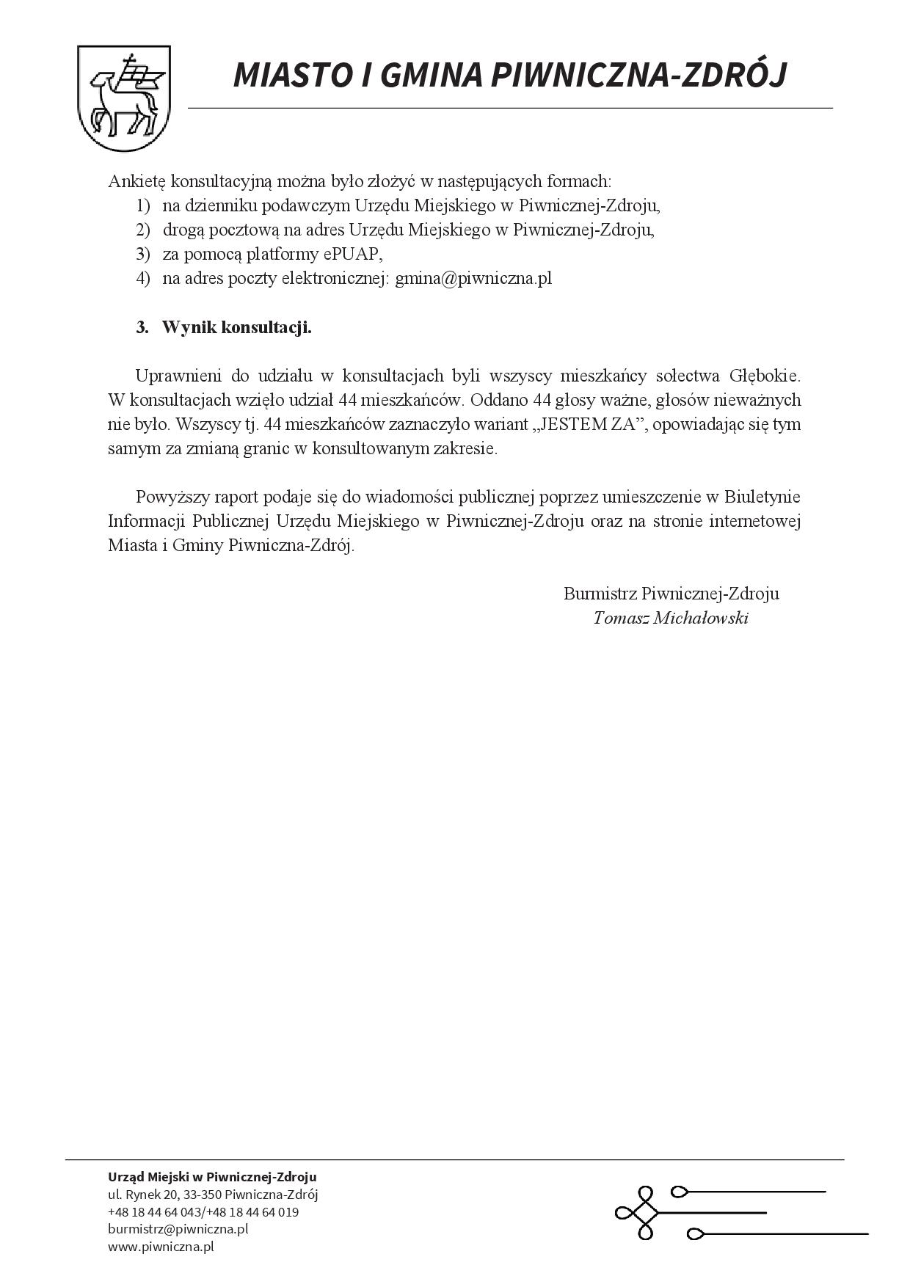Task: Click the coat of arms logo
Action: coord(124,97)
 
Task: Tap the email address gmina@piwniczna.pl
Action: coord(473,279)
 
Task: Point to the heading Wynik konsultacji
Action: coord(236,327)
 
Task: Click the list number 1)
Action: coord(143,206)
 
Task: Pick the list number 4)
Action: coord(143,279)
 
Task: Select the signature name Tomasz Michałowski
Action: coord(671,618)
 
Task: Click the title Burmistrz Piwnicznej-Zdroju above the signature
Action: coord(671,594)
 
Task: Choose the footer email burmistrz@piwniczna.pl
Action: coord(178,1228)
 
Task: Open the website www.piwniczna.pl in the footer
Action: coord(161,1246)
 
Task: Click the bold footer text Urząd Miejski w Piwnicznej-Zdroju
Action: coord(212,1177)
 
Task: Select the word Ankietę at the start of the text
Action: coord(136,181)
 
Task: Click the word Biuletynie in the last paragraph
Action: coord(762,497)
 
